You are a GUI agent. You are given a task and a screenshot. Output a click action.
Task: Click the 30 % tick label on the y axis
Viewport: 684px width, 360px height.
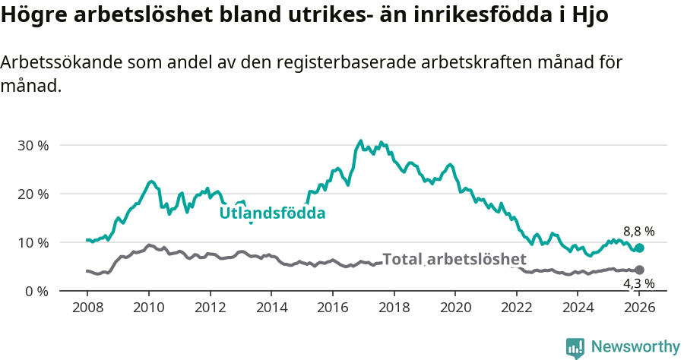click(32, 145)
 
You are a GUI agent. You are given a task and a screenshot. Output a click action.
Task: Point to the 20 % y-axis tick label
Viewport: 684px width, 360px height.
click(32, 194)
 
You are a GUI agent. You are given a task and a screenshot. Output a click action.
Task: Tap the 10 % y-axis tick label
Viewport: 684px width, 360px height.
click(32, 242)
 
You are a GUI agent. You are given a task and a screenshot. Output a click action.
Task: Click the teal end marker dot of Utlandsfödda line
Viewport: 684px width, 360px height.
click(639, 248)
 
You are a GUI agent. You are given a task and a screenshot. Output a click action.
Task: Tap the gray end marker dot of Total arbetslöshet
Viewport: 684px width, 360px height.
click(639, 270)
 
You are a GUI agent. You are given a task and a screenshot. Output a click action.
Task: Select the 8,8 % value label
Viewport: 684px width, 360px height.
click(638, 232)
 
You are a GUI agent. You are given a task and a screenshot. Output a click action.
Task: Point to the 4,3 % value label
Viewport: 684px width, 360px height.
click(638, 284)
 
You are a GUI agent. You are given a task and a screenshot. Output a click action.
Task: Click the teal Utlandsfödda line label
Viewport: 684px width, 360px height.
click(272, 213)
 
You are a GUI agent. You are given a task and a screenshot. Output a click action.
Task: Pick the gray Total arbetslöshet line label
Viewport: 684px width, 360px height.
click(454, 259)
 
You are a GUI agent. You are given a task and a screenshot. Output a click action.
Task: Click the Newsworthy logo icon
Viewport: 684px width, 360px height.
click(575, 347)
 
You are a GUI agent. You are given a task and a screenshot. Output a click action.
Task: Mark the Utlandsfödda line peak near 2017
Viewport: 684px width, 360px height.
click(361, 141)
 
